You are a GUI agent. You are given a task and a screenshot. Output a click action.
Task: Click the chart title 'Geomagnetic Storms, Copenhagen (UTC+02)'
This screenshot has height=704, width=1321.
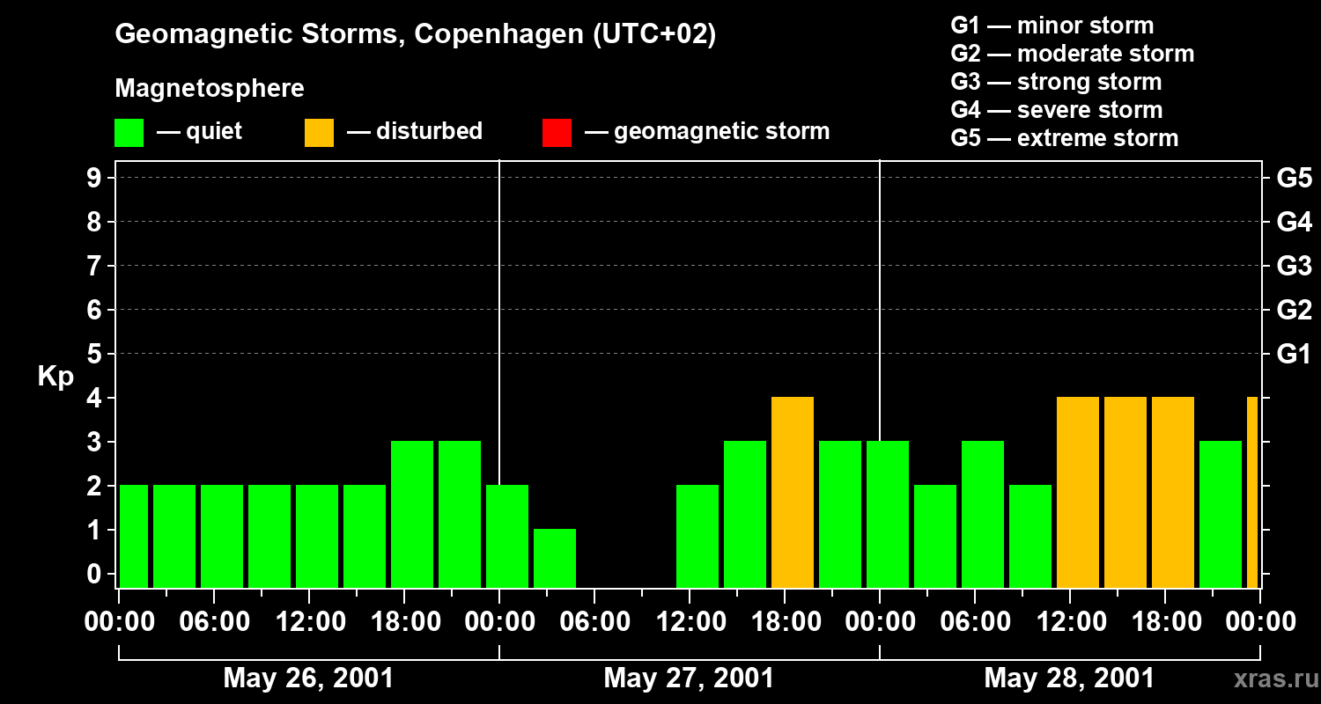(415, 34)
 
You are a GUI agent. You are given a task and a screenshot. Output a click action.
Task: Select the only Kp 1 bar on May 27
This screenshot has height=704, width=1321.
(555, 557)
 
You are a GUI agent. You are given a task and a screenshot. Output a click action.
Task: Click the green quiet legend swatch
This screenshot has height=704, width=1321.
(129, 133)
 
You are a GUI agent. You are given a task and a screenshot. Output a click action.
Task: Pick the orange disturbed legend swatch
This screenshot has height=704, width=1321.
(319, 133)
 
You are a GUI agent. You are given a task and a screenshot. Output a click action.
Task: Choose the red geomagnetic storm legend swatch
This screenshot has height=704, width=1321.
(557, 133)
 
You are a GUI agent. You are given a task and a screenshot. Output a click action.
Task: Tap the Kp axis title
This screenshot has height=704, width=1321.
(55, 377)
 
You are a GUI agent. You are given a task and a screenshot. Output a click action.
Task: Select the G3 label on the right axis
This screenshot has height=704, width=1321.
(1294, 267)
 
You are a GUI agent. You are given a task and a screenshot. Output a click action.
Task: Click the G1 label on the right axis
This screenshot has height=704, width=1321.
(1294, 355)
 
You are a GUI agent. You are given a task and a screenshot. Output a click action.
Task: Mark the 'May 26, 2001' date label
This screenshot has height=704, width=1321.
(308, 678)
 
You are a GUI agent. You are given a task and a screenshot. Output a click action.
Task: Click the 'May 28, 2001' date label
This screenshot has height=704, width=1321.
(1068, 678)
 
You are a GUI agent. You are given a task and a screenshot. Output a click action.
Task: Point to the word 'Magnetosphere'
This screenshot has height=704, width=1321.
(210, 89)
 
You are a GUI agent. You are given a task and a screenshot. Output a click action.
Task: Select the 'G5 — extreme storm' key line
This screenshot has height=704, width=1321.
(1064, 138)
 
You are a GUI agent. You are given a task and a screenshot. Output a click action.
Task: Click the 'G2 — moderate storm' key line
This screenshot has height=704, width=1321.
(1072, 54)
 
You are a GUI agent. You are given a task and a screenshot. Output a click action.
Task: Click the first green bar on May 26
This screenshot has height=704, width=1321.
(134, 535)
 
